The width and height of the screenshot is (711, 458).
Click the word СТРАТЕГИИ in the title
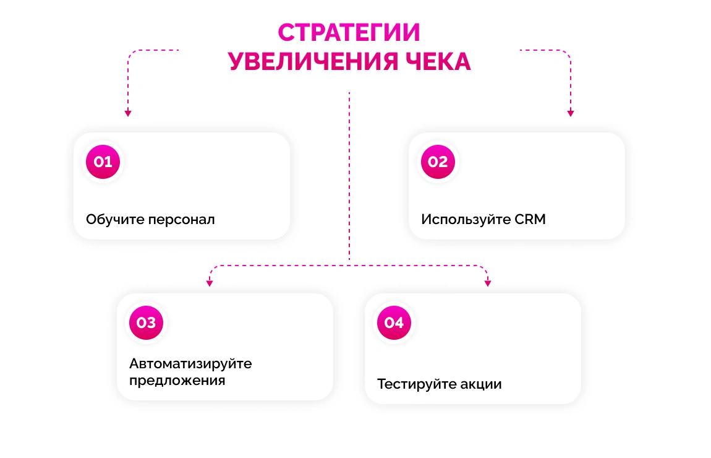pos(349,32)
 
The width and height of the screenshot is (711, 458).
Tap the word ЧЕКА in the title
pos(437,62)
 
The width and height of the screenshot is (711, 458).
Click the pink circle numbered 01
pos(103,162)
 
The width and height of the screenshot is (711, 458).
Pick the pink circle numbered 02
pos(438,162)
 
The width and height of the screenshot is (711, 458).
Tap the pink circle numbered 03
pos(146,322)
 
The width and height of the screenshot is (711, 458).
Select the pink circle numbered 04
pos(394,322)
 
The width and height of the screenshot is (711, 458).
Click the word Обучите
pos(115,219)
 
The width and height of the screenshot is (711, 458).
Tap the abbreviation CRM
pos(530,219)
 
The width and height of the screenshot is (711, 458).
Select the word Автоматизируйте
pos(190,363)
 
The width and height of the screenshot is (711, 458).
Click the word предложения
pos(177,380)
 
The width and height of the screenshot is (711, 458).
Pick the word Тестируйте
pos(417,384)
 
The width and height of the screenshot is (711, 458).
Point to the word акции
pos(481,384)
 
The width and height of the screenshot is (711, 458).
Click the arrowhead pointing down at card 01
pos(128,113)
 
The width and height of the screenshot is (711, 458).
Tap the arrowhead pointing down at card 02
pos(571,113)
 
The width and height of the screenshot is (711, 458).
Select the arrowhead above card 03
pos(210,283)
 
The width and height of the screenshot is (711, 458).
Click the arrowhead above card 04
pos(488,283)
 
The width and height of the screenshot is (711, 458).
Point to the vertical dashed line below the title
pos(349,173)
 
